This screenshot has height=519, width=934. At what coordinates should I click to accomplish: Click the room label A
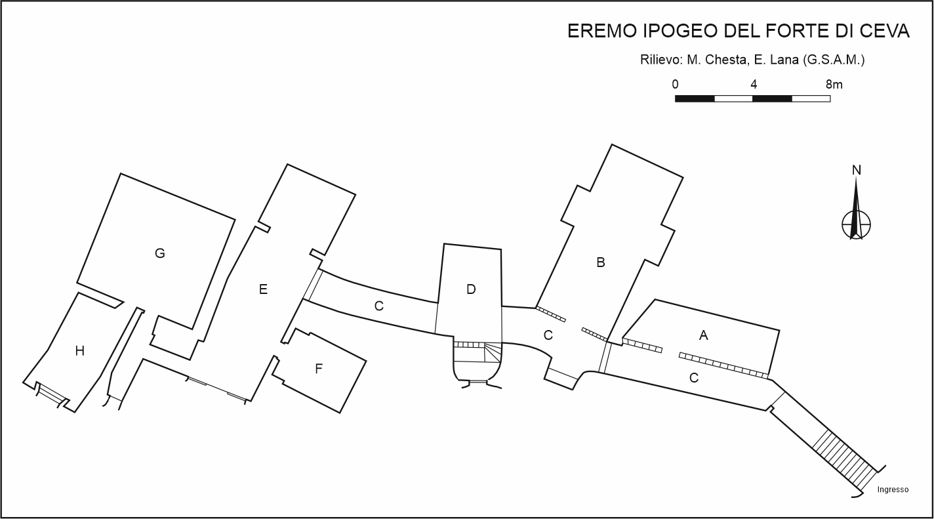[703, 335]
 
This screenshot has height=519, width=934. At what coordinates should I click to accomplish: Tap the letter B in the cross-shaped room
[600, 262]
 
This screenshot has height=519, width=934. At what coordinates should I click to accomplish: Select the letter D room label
[471, 289]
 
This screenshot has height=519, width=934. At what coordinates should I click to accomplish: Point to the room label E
[263, 289]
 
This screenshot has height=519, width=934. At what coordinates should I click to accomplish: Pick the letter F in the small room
[319, 369]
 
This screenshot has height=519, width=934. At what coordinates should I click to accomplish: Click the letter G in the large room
[159, 253]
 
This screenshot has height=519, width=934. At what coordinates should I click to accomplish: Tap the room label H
[79, 351]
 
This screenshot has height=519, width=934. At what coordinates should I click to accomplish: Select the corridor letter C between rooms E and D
[378, 306]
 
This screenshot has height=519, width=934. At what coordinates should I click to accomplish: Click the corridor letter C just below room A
[694, 378]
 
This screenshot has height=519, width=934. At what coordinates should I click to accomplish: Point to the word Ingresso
[893, 489]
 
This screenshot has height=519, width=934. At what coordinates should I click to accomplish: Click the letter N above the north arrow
[857, 170]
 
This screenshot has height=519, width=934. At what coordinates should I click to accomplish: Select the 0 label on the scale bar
[675, 85]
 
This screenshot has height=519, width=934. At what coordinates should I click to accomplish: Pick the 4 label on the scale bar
[754, 85]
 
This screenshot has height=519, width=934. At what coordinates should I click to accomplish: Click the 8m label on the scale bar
[834, 85]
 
